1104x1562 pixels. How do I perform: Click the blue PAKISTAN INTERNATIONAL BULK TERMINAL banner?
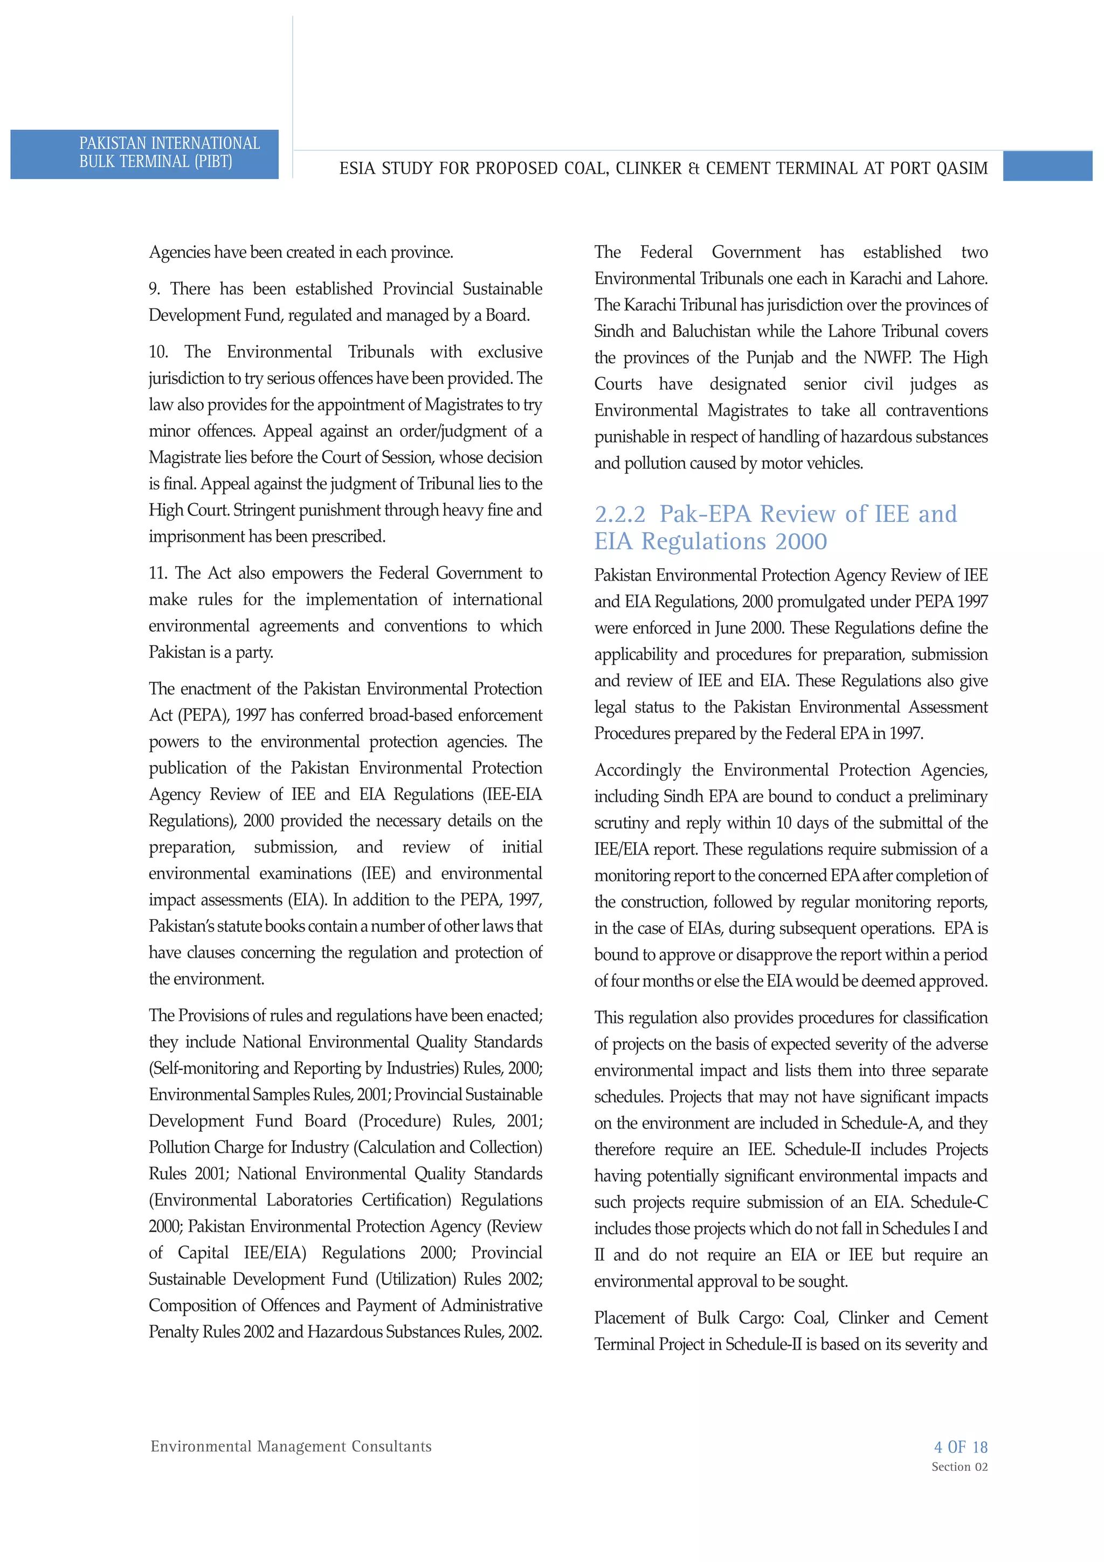click(144, 154)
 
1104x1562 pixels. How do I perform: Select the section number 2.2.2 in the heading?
click(619, 514)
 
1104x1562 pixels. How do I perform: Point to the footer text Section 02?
click(959, 1467)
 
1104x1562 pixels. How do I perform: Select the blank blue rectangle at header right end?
click(1047, 167)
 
